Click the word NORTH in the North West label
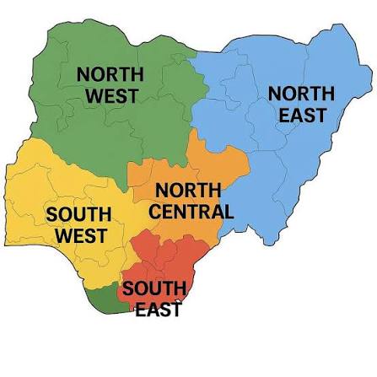[x=110, y=74]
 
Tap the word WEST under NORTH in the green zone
[x=111, y=96]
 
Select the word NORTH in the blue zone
[x=301, y=93]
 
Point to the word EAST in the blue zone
[x=302, y=115]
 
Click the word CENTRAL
[x=191, y=210]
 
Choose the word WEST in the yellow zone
[x=81, y=235]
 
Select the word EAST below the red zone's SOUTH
[x=159, y=310]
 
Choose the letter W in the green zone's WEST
[x=94, y=96]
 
